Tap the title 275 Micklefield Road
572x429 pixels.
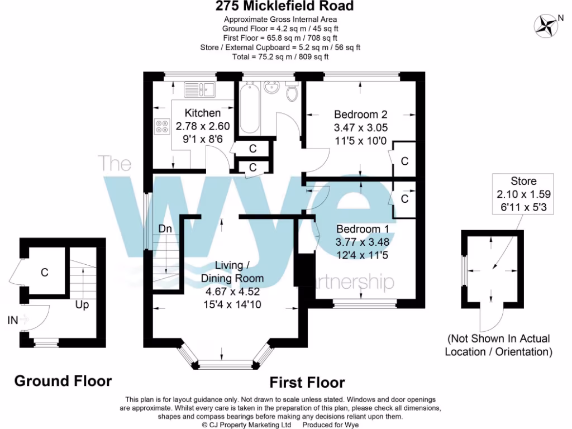[x=285, y=7]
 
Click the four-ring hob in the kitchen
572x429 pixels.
[x=162, y=127]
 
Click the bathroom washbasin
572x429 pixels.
[x=273, y=88]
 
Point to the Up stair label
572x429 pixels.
[x=83, y=306]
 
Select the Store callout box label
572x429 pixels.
[x=523, y=181]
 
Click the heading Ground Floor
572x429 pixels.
[x=63, y=381]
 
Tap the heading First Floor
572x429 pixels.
[x=307, y=383]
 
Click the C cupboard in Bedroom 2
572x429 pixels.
[x=404, y=161]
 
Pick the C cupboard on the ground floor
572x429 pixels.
[x=44, y=273]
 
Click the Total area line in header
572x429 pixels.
[x=280, y=57]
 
